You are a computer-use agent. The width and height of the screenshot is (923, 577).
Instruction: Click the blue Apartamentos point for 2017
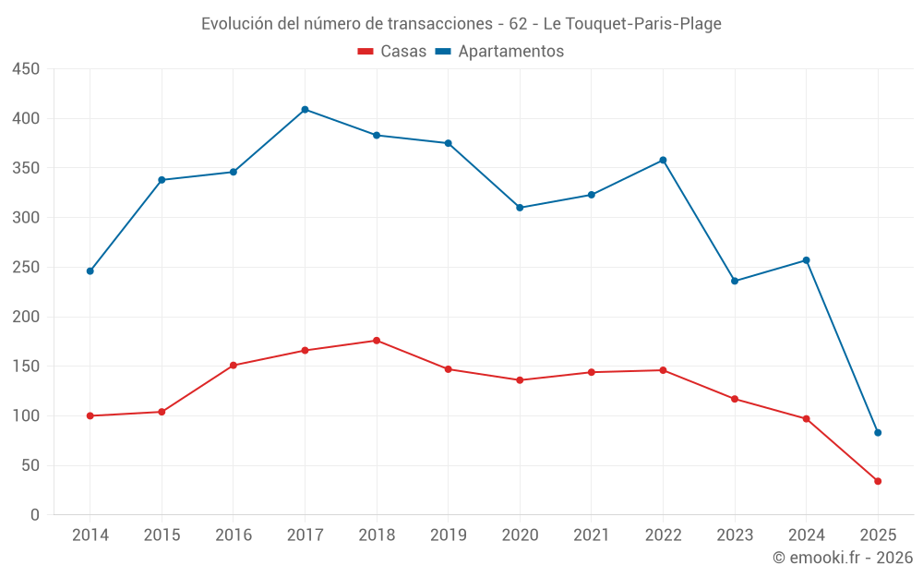[305, 110]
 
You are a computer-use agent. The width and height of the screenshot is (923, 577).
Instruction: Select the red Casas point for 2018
[377, 341]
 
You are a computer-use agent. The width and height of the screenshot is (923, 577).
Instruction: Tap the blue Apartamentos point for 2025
[878, 433]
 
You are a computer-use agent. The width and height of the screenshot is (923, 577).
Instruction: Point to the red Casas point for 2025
[878, 481]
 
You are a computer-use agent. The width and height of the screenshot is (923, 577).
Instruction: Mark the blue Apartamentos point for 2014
[90, 271]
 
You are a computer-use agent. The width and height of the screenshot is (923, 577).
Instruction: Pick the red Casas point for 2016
[234, 366]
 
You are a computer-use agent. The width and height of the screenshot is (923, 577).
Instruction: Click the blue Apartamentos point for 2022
[663, 161]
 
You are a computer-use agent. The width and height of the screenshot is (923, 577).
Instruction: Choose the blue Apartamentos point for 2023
[735, 281]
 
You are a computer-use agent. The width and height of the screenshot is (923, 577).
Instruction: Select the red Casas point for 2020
[520, 380]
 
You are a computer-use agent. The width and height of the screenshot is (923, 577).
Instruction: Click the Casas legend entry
[392, 52]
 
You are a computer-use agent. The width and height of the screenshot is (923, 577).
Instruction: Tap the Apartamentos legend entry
[499, 52]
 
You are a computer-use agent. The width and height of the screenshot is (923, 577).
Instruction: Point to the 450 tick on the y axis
[27, 69]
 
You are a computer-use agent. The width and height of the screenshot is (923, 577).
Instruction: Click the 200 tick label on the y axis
[27, 317]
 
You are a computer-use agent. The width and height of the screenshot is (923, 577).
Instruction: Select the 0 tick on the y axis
[34, 515]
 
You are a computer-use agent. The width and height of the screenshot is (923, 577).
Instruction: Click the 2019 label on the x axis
[448, 535]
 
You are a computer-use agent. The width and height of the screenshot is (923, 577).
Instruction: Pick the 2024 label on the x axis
[806, 535]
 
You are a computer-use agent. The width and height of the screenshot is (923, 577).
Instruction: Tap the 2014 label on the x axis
[90, 535]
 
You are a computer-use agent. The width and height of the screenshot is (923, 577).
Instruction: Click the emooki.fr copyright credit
[843, 558]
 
